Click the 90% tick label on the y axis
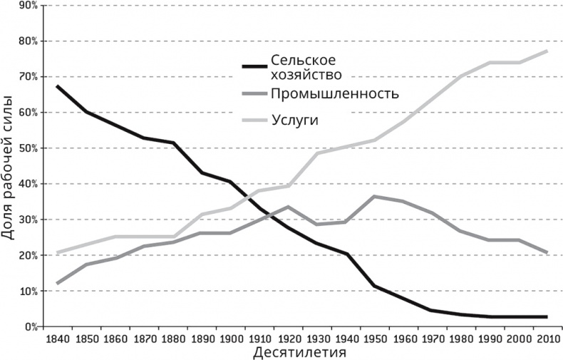(29, 6)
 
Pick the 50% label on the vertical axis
(29, 148)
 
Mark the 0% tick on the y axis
(31, 327)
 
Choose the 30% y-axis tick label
(29, 220)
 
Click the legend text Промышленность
(335, 93)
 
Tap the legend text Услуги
(294, 120)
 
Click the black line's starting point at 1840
(57, 86)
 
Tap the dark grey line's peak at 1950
(375, 196)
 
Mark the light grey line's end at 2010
(547, 51)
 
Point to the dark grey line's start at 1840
(57, 283)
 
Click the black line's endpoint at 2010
(547, 317)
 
